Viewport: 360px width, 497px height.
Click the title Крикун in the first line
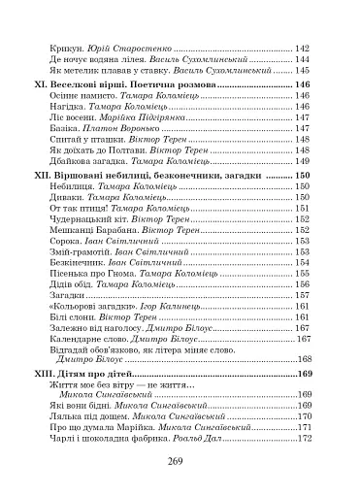point(65,49)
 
